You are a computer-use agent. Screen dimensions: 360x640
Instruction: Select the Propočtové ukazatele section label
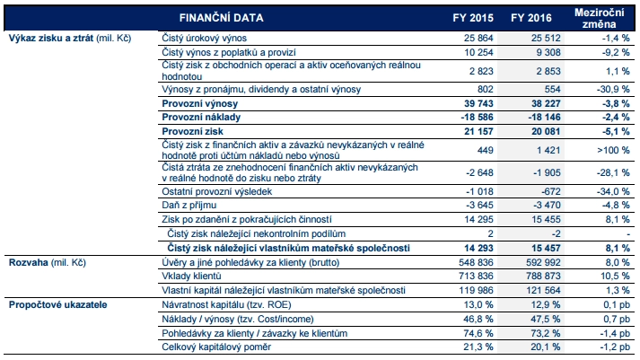(53, 305)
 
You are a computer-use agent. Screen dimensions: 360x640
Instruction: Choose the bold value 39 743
(472, 103)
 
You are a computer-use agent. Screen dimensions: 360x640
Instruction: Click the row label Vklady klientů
(196, 276)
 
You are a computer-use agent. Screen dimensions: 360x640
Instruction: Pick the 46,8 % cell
(475, 320)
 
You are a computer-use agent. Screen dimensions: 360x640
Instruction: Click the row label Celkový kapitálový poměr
(217, 347)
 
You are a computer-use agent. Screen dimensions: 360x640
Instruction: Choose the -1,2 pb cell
(604, 347)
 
